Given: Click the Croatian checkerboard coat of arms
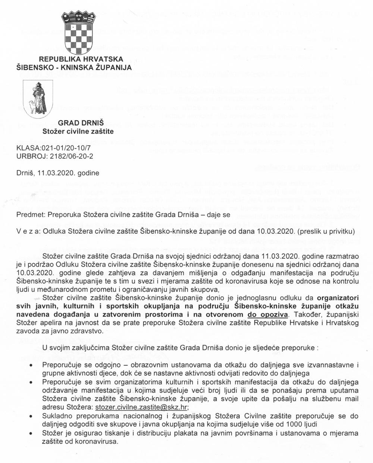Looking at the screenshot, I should (77, 33).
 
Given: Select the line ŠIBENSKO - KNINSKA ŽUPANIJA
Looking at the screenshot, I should (74, 68).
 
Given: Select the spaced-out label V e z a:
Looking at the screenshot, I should (28, 231).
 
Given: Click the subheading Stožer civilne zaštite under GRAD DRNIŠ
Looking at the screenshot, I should (78, 131).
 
